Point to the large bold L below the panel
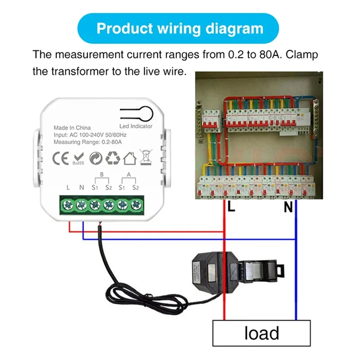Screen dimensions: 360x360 [231, 207]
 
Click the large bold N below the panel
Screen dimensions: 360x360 [288, 207]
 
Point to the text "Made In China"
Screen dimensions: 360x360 [72, 128]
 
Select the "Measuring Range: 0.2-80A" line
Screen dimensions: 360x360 [88, 142]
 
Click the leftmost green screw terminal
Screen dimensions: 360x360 [68, 205]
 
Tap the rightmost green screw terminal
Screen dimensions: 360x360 [135, 205]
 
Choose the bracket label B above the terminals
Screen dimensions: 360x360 [102, 174]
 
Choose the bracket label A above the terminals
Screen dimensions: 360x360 [129, 174]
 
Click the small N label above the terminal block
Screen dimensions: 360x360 [81, 188]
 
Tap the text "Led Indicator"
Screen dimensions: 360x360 [136, 126]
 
